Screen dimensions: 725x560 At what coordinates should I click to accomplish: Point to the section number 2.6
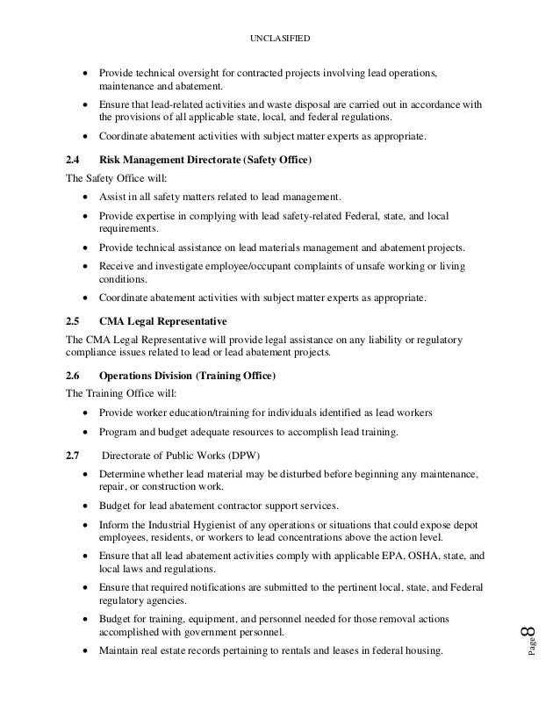(74, 377)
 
